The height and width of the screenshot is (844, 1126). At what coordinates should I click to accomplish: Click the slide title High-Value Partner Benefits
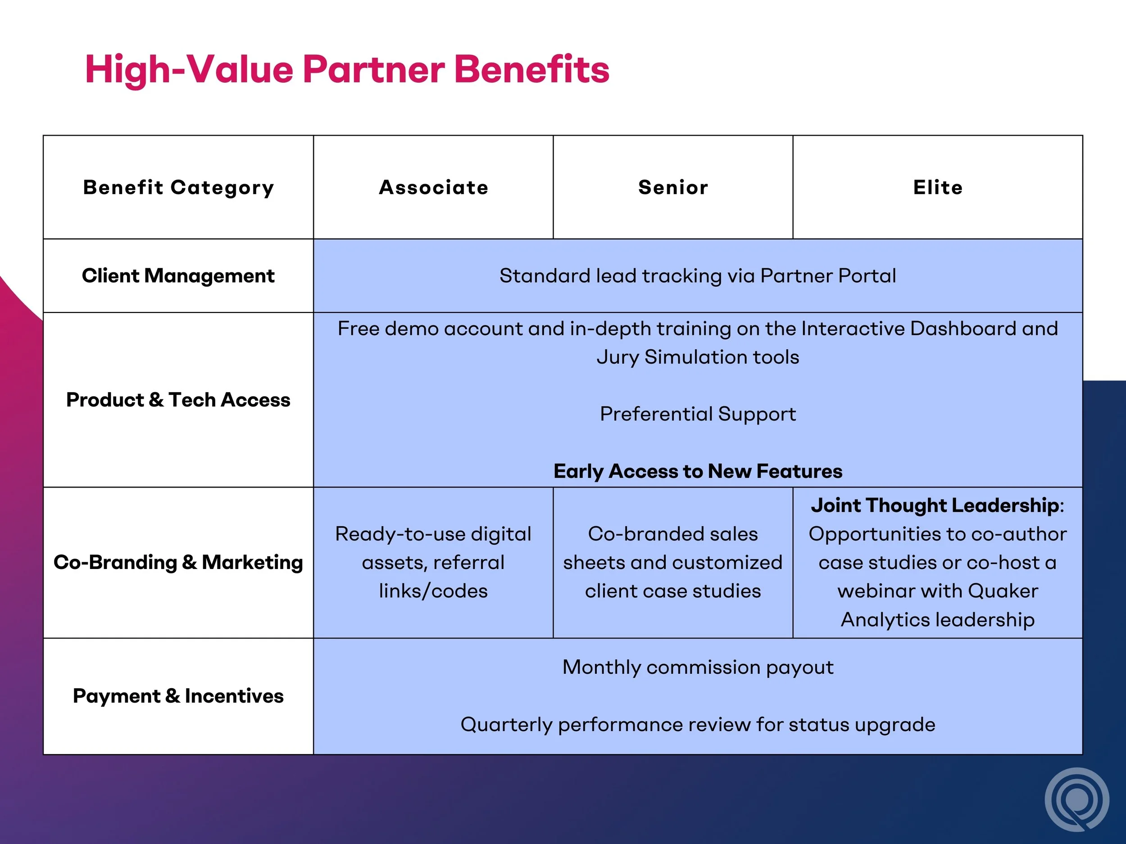coord(347,69)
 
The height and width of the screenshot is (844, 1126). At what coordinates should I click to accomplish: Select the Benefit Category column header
coord(178,188)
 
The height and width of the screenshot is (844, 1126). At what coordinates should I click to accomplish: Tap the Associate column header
coord(433,188)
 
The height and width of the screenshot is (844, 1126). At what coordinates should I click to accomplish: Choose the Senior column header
coord(673,188)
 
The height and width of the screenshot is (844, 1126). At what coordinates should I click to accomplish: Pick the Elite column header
coord(938,188)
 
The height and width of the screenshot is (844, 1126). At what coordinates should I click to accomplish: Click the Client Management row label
coord(178,276)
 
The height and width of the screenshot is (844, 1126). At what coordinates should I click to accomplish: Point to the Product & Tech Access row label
coord(178,400)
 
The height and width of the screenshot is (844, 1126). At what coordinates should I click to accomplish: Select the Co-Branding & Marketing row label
coord(178,562)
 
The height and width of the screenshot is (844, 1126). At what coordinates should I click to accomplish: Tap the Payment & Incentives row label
coord(178,696)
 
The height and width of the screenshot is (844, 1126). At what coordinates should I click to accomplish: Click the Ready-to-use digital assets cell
coord(433,562)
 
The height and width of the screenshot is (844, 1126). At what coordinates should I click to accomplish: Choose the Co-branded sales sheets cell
coord(673,562)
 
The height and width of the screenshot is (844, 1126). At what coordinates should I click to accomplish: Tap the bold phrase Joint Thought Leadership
coord(935,505)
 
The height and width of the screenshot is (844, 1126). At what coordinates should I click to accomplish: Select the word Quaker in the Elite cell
coord(1002,591)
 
